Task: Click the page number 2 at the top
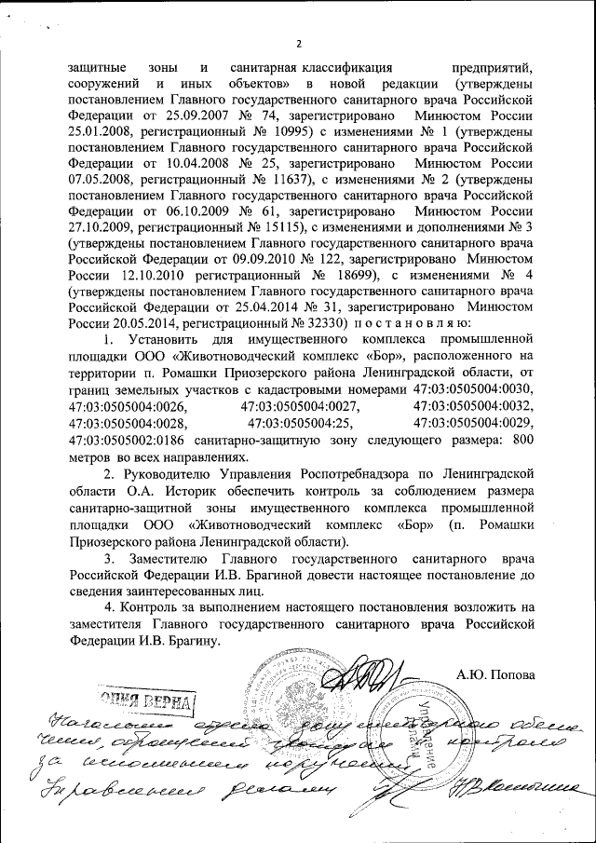(300, 43)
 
